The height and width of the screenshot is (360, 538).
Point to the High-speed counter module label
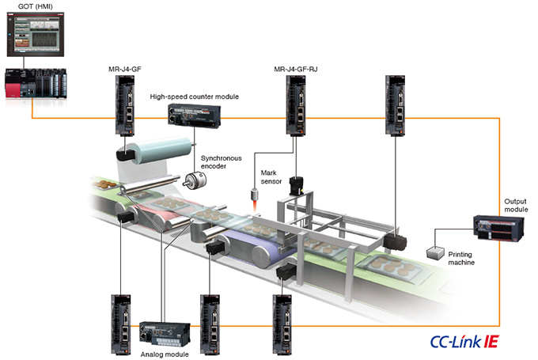pyautogui.click(x=195, y=97)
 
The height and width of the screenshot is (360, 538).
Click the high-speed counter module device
pyautogui.click(x=195, y=117)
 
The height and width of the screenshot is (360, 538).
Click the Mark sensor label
pyautogui.click(x=271, y=176)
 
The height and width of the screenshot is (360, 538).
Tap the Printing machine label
pyautogui.click(x=459, y=257)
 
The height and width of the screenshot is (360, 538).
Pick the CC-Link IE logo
pyautogui.click(x=464, y=343)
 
